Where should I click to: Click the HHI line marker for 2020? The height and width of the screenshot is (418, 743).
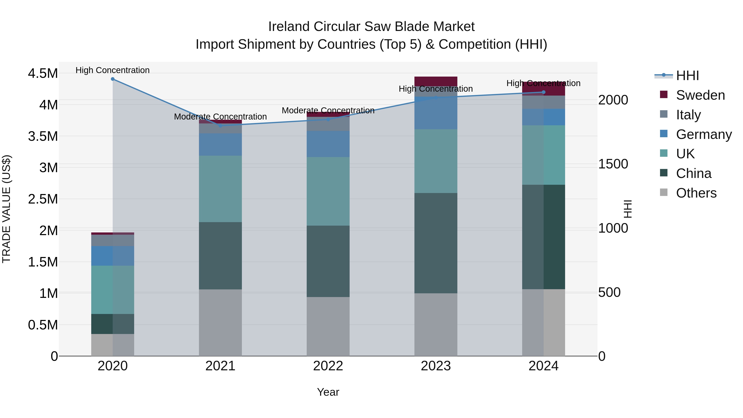pyautogui.click(x=113, y=79)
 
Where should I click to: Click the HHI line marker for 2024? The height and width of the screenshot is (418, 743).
pyautogui.click(x=543, y=92)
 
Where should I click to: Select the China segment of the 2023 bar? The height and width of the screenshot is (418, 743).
pyautogui.click(x=436, y=243)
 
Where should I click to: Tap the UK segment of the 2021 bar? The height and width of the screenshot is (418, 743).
pyautogui.click(x=220, y=189)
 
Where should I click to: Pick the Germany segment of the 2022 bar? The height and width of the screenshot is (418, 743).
pyautogui.click(x=328, y=144)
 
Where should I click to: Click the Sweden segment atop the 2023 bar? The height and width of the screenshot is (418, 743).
pyautogui.click(x=436, y=81)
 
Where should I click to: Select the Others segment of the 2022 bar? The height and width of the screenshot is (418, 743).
pyautogui.click(x=328, y=326)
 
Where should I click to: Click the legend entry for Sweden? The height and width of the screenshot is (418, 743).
pyautogui.click(x=700, y=95)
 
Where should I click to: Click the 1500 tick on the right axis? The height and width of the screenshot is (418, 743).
pyautogui.click(x=613, y=164)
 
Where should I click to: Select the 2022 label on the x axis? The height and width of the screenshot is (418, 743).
pyautogui.click(x=328, y=366)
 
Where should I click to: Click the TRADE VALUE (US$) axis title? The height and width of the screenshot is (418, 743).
pyautogui.click(x=6, y=209)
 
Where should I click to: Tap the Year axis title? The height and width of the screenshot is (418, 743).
pyautogui.click(x=328, y=392)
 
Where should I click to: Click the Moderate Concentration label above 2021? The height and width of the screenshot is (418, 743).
pyautogui.click(x=220, y=117)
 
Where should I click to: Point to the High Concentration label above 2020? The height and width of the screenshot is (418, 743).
pyautogui.click(x=113, y=70)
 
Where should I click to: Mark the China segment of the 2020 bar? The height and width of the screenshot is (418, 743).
pyautogui.click(x=113, y=324)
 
